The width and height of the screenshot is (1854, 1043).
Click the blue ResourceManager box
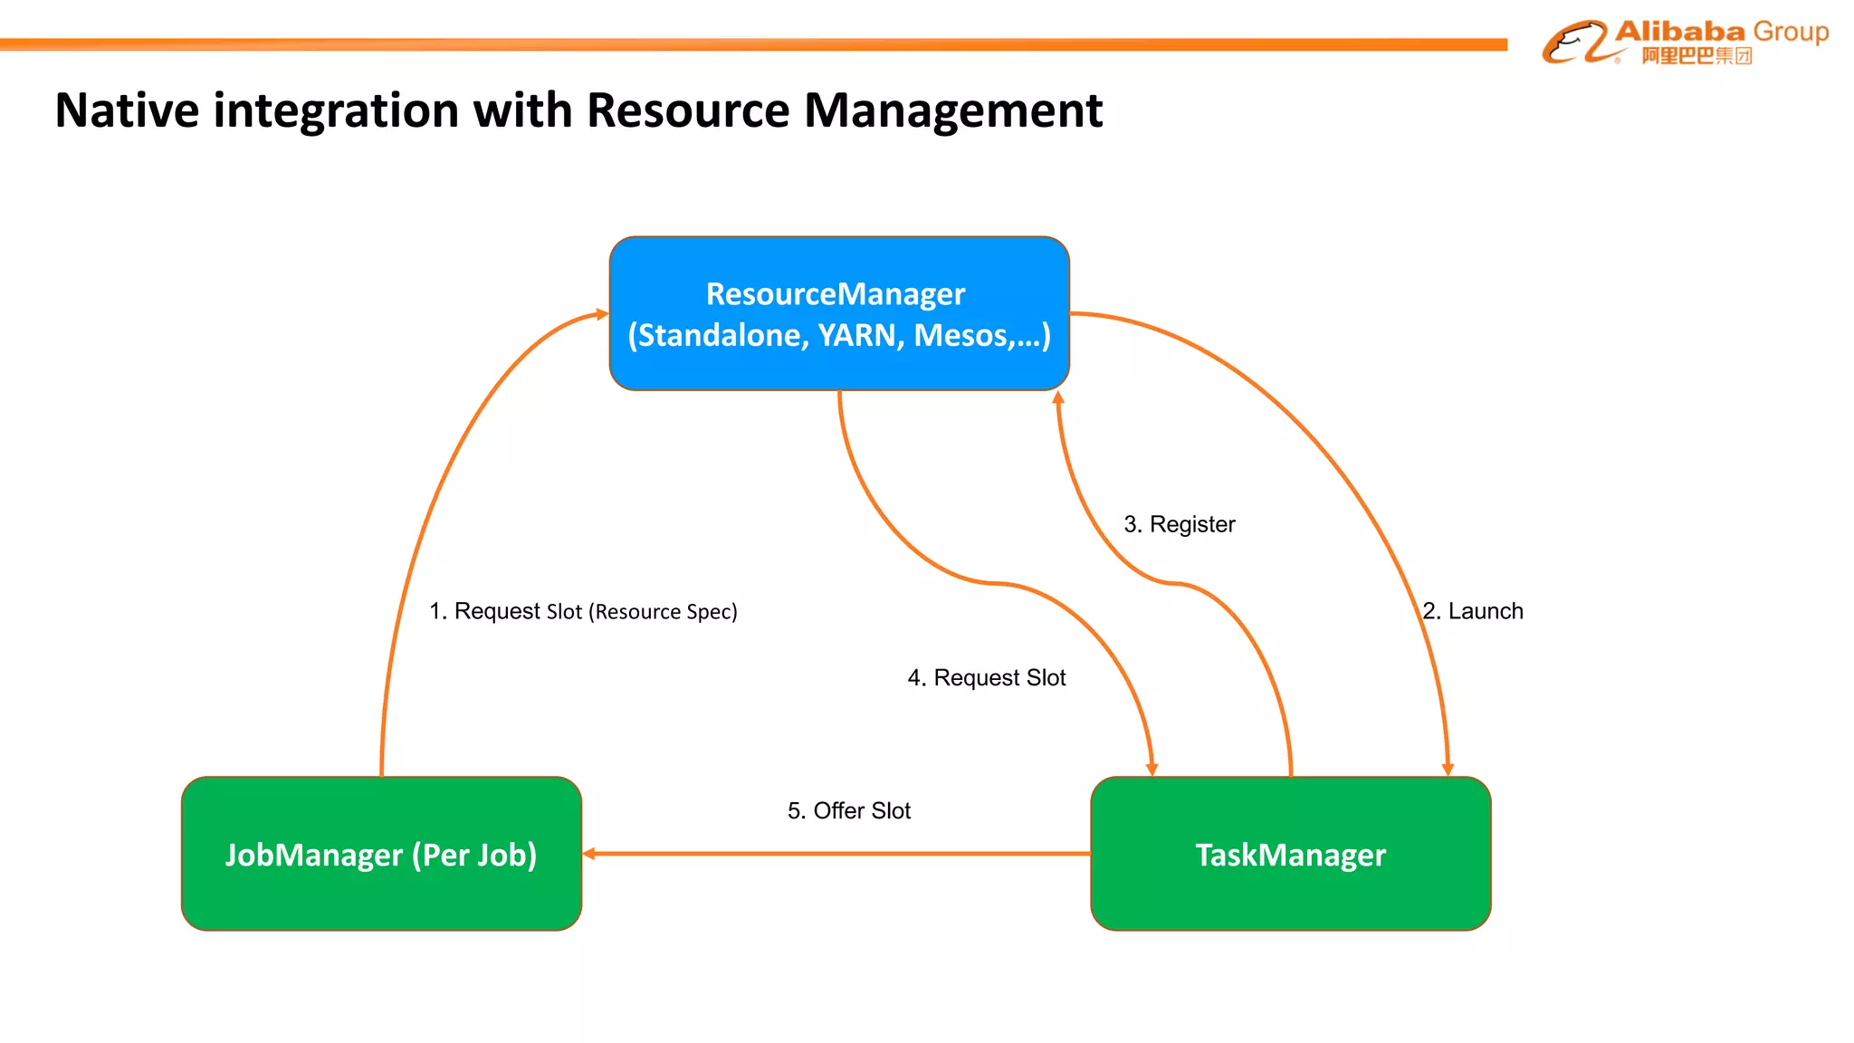839,313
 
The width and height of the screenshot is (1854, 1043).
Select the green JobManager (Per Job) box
381,854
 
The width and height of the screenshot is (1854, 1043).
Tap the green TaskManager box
1290,854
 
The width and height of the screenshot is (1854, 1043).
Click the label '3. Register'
1179,524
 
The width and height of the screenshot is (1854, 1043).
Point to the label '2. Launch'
1473,611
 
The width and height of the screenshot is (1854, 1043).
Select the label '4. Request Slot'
987,677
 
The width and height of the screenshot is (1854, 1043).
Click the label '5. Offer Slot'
848,810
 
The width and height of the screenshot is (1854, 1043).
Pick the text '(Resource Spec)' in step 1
664,612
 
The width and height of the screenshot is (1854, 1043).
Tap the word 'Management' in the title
952,110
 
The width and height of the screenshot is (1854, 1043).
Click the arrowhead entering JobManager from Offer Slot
589,854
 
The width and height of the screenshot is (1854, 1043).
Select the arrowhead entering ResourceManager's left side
603,314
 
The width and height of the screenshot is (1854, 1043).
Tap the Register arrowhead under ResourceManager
1057,397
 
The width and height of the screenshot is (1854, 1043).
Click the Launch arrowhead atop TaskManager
1448,770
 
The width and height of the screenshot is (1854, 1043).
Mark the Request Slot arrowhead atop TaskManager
1152,770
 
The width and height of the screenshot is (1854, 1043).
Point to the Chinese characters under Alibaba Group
1696,56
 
